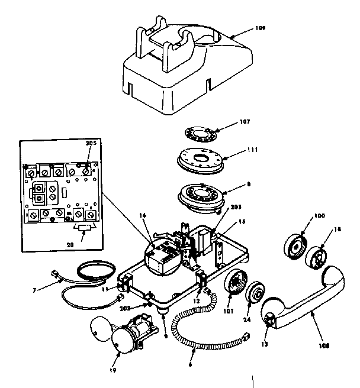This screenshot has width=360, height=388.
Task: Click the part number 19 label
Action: coord(112,371)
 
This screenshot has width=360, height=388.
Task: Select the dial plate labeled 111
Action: coord(200,161)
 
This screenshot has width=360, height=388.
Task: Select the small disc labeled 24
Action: coord(257,293)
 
